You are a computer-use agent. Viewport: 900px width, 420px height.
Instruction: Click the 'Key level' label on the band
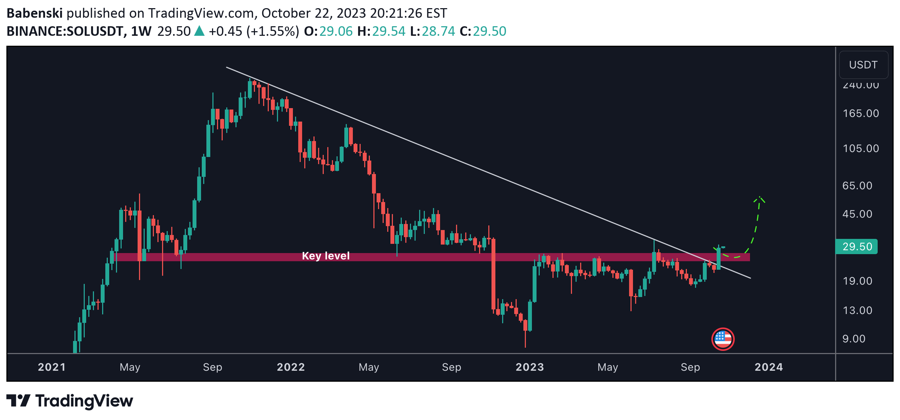tap(326, 256)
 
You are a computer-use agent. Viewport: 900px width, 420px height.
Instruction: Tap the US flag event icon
tap(723, 339)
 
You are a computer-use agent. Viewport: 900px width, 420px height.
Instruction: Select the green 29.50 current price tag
tap(856, 247)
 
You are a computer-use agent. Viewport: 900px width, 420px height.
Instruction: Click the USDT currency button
tap(863, 65)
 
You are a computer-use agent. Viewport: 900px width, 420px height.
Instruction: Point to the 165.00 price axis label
tap(861, 113)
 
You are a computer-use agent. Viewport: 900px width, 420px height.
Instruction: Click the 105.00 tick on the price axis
tap(861, 149)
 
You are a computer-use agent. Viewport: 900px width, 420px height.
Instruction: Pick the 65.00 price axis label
tap(857, 186)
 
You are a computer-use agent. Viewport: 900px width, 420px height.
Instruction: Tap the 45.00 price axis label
tap(857, 214)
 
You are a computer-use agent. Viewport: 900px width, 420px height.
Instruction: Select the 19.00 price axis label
tap(857, 281)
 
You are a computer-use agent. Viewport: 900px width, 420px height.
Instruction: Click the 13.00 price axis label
tap(857, 310)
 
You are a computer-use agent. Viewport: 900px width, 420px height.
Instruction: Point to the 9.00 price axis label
tap(854, 339)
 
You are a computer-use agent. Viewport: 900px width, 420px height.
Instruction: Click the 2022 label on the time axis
tap(291, 367)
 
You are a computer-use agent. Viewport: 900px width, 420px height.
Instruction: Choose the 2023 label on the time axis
tap(529, 367)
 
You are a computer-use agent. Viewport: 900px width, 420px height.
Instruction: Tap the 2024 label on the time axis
tap(768, 367)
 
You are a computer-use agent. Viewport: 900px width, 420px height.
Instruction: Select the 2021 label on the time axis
tap(52, 367)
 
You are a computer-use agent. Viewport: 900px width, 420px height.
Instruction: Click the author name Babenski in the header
tap(34, 13)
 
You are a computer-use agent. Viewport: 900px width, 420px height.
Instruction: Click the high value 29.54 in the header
tap(388, 32)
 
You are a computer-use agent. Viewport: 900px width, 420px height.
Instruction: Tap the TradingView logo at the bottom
tap(70, 401)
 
